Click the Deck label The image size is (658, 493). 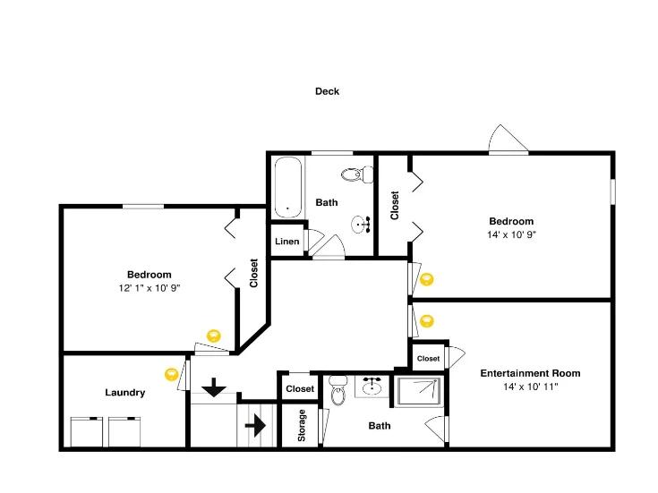pos(327,91)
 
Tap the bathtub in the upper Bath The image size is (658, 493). pos(288,187)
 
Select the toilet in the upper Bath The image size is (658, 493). pos(357,174)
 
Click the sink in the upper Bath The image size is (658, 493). pos(360,224)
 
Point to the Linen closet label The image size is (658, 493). pos(287,242)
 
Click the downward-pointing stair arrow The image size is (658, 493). pos(214,387)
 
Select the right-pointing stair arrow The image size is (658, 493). pos(255,426)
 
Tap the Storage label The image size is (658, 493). pos(302,426)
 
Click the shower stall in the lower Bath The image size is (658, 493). pos(419,392)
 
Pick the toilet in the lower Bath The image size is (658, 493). pos(338,391)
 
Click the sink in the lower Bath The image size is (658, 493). pos(372,387)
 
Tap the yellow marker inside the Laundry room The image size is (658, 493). pos(171,374)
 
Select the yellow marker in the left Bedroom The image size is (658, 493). pos(214,336)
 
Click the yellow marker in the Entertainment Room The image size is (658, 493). pos(427,321)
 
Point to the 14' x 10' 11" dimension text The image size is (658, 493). pos(530,387)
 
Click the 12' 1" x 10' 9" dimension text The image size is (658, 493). pos(150,288)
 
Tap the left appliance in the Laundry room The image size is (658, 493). pos(87,432)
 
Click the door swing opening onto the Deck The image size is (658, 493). pos(508,139)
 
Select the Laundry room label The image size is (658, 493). pos(125,392)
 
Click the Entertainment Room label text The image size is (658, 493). pos(530,373)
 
